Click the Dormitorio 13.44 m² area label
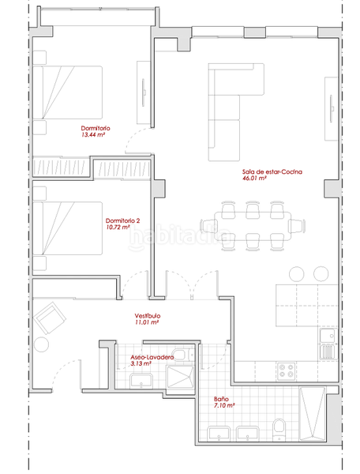click(x=96, y=131)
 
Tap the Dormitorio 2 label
click(x=122, y=220)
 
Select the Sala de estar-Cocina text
click(x=272, y=171)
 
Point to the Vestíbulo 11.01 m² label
click(x=148, y=319)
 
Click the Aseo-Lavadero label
click(x=152, y=357)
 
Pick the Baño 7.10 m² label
click(x=224, y=402)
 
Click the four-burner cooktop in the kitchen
click(x=287, y=371)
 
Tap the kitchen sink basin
click(x=328, y=336)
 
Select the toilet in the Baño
click(x=279, y=430)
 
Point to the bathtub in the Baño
click(x=312, y=413)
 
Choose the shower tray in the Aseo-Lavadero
click(x=180, y=377)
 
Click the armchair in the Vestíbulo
click(x=50, y=318)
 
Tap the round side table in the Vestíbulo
click(x=41, y=344)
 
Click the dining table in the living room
click(x=253, y=226)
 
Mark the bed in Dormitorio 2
click(x=67, y=228)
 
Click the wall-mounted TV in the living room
click(x=332, y=108)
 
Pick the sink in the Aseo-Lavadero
click(x=141, y=381)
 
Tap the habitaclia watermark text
click(x=181, y=237)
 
